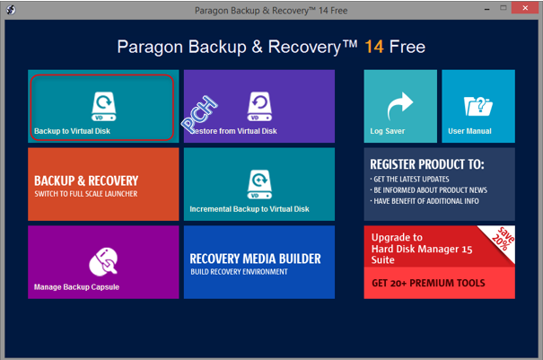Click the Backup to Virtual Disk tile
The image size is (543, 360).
(x=103, y=106)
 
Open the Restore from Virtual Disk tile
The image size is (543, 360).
(x=259, y=106)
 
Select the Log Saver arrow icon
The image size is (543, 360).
(x=400, y=106)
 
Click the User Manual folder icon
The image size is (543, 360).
(x=477, y=106)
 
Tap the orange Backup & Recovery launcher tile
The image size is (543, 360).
(x=103, y=184)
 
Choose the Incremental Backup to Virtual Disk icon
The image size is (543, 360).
(x=259, y=184)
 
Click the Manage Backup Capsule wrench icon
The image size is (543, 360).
(x=103, y=262)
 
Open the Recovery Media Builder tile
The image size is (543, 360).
(x=259, y=262)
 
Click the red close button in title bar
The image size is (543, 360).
(x=525, y=7)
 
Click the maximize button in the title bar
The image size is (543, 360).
(x=504, y=8)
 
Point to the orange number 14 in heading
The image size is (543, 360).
(x=374, y=47)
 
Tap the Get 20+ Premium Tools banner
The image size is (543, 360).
(x=439, y=283)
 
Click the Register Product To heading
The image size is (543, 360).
(x=427, y=164)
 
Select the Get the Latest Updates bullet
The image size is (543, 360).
(x=409, y=180)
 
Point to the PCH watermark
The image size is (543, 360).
(x=199, y=114)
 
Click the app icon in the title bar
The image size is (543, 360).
(x=11, y=10)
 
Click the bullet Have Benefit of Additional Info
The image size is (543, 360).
(x=425, y=201)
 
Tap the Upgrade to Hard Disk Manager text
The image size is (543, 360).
(x=422, y=249)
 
